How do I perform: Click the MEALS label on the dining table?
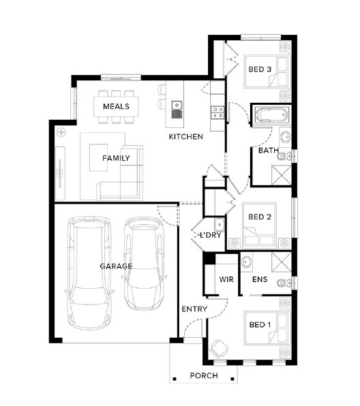(x=116, y=106)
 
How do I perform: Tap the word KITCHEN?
(x=186, y=137)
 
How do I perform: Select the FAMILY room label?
(x=116, y=158)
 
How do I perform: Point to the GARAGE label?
(x=116, y=266)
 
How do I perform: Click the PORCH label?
(x=204, y=375)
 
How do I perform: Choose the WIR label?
(x=226, y=279)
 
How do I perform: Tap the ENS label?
(x=260, y=279)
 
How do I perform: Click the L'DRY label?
(x=211, y=235)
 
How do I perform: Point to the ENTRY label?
(x=194, y=309)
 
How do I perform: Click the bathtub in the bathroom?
(x=271, y=114)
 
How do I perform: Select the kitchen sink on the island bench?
(x=177, y=110)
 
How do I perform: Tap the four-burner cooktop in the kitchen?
(x=217, y=112)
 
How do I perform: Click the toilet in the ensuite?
(x=284, y=283)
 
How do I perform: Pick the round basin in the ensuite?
(x=246, y=262)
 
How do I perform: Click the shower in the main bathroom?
(x=281, y=175)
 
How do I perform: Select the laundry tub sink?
(x=219, y=225)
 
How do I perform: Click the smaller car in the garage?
(x=145, y=263)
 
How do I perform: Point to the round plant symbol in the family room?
(x=61, y=133)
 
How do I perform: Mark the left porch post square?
(x=175, y=379)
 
